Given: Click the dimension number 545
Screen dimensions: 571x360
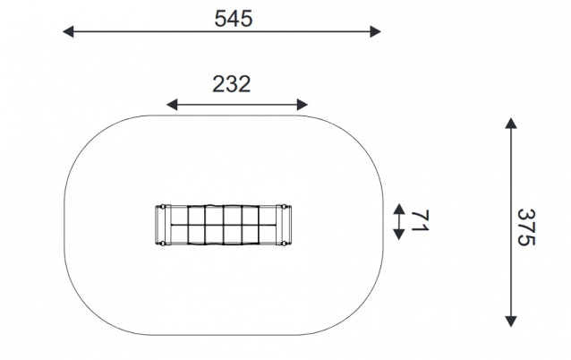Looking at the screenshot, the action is tap(233, 19).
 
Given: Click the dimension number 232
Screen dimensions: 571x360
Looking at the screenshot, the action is tap(232, 84).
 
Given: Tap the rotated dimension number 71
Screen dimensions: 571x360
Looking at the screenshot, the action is tap(420, 221).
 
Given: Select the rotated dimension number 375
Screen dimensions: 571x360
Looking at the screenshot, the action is tap(526, 227).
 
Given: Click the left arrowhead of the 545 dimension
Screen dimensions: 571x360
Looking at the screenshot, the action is tap(68, 31).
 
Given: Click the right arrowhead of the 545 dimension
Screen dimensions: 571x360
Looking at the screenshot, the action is tap(376, 31).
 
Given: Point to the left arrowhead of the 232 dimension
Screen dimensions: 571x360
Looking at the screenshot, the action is tap(172, 105).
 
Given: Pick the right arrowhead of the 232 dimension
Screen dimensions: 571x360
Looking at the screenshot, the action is tap(303, 105).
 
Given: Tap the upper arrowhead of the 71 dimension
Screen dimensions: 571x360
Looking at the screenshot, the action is tap(399, 209).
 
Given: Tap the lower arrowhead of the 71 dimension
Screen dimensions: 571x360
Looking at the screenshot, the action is tap(399, 235).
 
